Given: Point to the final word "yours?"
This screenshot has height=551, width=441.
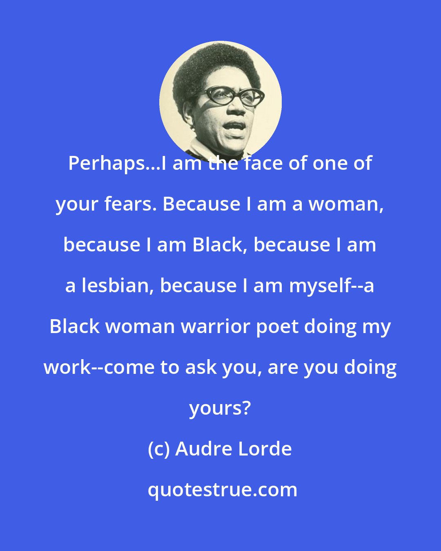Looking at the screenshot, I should click(x=220, y=408).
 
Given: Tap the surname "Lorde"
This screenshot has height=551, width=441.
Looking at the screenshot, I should click(x=268, y=449).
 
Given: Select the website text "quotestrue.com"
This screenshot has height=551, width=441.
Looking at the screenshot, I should click(x=223, y=489).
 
